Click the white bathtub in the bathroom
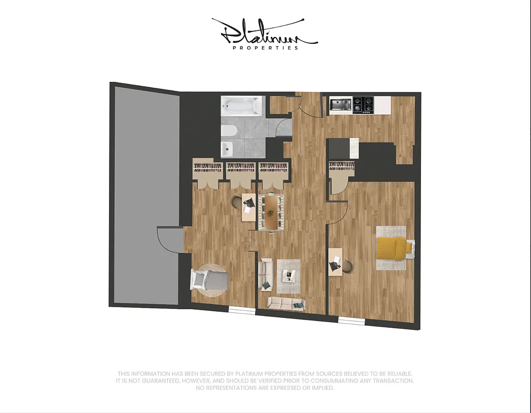(x=242, y=107)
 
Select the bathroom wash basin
(x=226, y=149)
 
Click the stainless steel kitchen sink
(x=340, y=105)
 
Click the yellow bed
(x=394, y=248)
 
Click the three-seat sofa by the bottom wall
(x=286, y=304)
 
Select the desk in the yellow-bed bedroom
(x=336, y=262)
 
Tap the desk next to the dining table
(x=248, y=206)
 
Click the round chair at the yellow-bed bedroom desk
(x=348, y=266)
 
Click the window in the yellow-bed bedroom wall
(x=351, y=321)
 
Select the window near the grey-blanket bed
(x=242, y=310)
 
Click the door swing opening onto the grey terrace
(x=170, y=240)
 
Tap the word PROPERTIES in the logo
(x=265, y=48)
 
